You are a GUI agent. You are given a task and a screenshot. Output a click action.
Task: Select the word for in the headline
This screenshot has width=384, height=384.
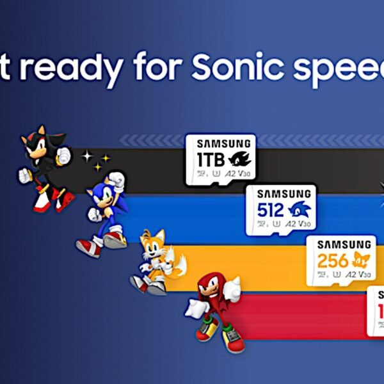coord(154,66)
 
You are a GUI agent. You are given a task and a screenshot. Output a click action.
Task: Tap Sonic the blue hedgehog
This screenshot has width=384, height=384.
coord(106,211)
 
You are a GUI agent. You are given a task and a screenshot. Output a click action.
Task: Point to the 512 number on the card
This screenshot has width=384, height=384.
coord(270,209)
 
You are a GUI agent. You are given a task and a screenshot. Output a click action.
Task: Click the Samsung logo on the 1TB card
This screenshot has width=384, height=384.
coord(220,143)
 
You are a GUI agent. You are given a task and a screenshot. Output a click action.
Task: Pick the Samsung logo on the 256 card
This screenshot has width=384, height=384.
coord(344,244)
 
